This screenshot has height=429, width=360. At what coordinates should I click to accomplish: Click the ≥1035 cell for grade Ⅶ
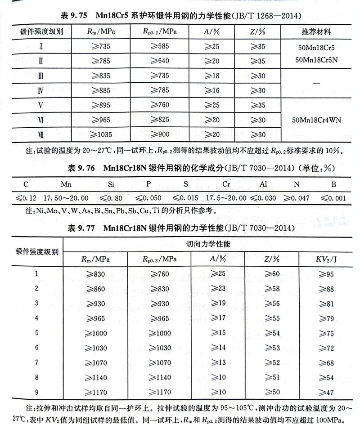pos(98,135)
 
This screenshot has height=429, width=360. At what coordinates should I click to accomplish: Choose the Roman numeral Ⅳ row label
pos(40,90)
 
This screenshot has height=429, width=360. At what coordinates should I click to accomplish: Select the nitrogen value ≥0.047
pos(293,197)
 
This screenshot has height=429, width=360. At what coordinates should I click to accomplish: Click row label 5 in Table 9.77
pos(36,333)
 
